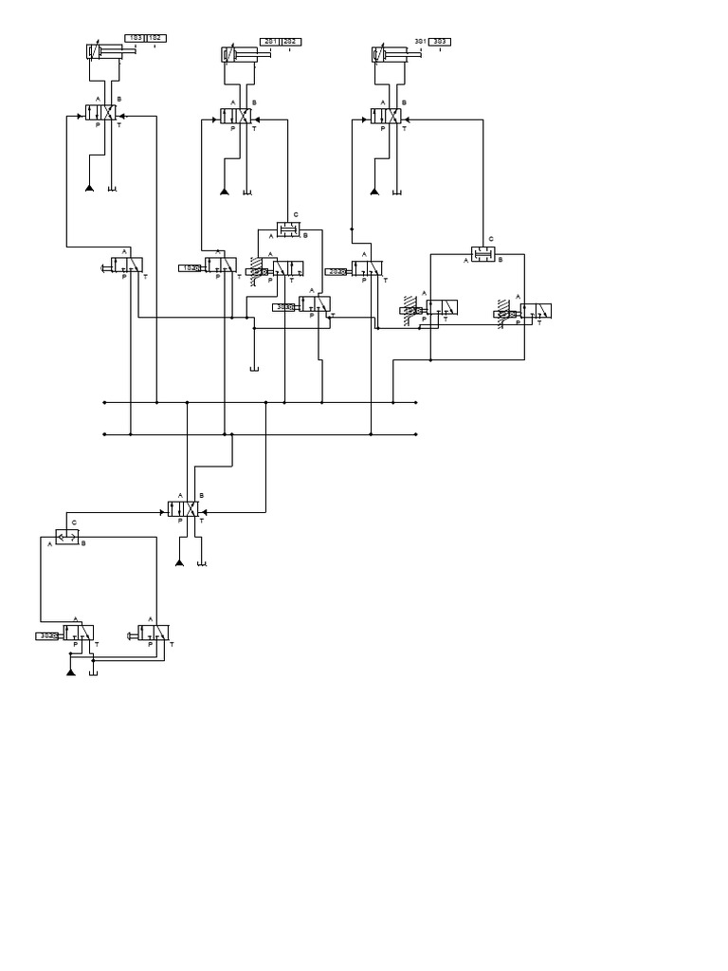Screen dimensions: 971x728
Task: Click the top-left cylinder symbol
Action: [104, 51]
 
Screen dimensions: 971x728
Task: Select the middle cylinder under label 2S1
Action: [240, 55]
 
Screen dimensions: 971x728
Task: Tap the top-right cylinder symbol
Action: [390, 55]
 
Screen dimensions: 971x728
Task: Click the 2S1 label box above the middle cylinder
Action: [270, 42]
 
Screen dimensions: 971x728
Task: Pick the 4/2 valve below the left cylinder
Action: [100, 113]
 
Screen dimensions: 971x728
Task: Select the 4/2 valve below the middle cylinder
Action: [236, 116]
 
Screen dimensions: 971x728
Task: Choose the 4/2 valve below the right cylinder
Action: [386, 116]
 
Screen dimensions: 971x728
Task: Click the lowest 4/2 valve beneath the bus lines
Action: [183, 509]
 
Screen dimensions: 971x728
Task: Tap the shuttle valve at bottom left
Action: [66, 537]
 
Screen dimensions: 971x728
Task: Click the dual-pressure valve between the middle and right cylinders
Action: [288, 229]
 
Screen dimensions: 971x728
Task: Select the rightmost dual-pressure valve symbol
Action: [483, 252]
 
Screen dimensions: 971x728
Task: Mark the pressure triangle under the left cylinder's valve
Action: [89, 189]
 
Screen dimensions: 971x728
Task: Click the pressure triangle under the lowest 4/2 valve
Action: [179, 563]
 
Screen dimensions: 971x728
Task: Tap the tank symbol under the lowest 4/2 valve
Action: [201, 564]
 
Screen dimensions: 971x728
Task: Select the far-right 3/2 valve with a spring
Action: [535, 311]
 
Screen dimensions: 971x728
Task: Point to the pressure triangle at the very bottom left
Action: [71, 672]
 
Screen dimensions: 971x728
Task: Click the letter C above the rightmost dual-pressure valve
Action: [490, 239]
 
